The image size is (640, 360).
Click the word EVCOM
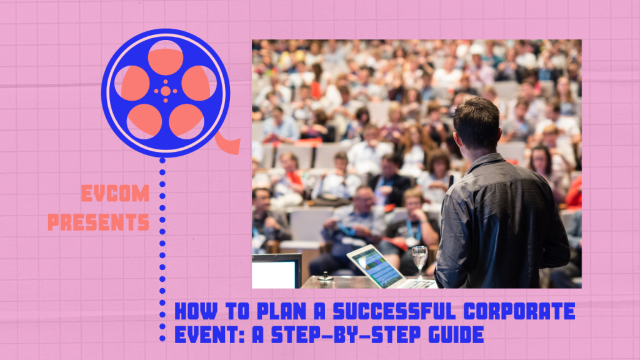point(115,194)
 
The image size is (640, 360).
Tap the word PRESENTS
point(98,222)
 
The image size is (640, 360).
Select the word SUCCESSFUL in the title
point(395,311)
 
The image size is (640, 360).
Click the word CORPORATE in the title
point(519,311)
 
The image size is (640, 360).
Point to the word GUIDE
point(456,335)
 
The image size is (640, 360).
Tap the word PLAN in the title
point(281,311)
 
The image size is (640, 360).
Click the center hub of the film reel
point(165,91)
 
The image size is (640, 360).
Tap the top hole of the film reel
point(165,57)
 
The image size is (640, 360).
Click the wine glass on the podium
point(419,262)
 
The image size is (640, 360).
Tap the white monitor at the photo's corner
point(276,271)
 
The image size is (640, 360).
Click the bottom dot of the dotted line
point(162,338)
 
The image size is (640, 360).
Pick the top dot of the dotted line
point(162,161)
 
